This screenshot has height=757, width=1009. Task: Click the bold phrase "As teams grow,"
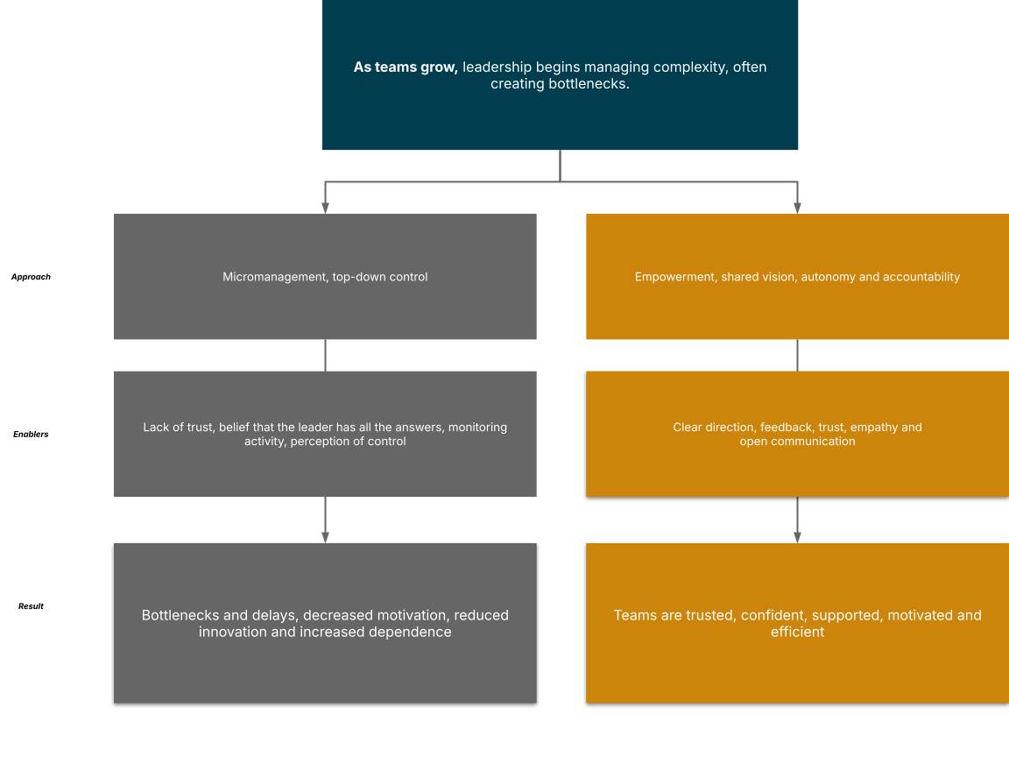(406, 67)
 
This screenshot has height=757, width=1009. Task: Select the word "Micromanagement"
(274, 277)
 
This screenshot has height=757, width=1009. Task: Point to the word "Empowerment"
(674, 277)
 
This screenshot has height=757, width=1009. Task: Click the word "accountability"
(921, 277)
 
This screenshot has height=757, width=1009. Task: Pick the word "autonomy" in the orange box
(829, 277)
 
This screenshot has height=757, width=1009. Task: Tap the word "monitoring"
(477, 428)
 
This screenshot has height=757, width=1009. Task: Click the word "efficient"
(797, 632)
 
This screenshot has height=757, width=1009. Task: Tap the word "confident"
(776, 615)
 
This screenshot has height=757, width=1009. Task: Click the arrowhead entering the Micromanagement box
(325, 209)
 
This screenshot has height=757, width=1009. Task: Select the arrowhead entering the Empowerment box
(797, 209)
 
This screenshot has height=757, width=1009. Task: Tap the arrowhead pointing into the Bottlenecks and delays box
(325, 537)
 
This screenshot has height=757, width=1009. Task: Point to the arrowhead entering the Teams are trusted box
(797, 537)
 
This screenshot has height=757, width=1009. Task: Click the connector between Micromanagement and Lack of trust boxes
(325, 355)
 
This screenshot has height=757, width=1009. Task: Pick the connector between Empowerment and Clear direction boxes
(797, 355)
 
